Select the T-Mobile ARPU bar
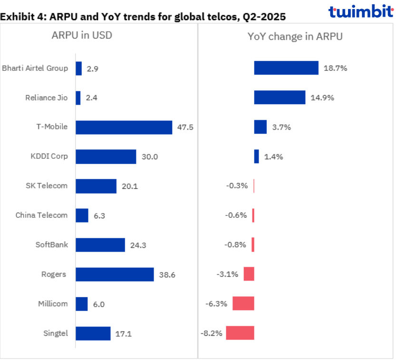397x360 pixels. pos(124,127)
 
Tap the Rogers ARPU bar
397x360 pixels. pos(115,274)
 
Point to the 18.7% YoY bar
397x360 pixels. pos(286,68)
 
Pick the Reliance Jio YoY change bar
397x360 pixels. pos(280,97)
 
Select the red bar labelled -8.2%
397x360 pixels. pos(240,333)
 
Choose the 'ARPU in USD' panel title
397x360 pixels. pos(82,36)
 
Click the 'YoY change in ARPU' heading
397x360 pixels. pos(295,36)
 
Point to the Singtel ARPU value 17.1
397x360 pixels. pos(123,333)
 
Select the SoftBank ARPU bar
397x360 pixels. pos(100,245)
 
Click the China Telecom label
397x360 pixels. pos(41,215)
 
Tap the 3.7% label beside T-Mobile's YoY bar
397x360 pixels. pos(281,127)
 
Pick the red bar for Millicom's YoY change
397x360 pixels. pos(243,303)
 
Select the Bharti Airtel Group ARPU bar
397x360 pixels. pos(79,68)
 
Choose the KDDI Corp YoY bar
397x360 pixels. pos(257,156)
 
